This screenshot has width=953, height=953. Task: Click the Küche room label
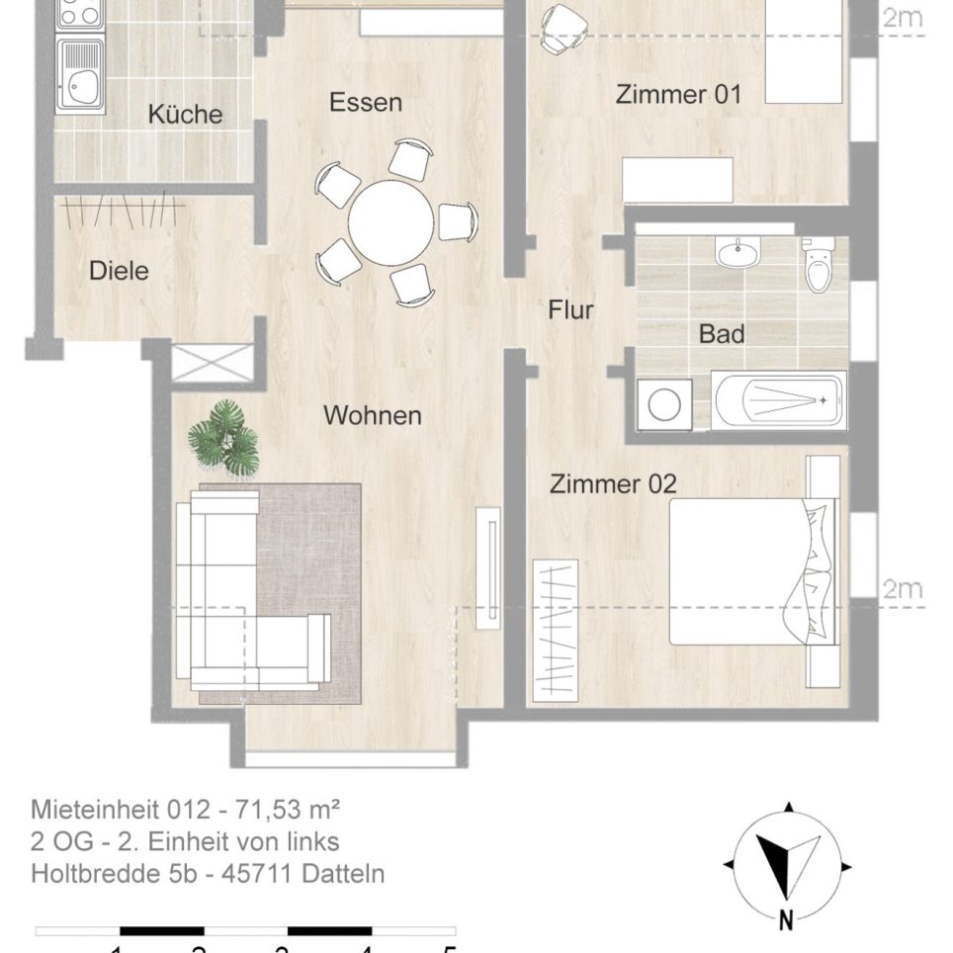point(185,115)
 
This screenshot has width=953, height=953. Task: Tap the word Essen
point(366,103)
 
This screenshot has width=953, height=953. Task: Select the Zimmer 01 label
point(678,95)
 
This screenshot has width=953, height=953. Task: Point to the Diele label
point(119,270)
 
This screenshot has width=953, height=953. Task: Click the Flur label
point(570,310)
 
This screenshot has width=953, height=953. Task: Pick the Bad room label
point(722,334)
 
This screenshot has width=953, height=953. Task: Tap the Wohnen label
point(373,416)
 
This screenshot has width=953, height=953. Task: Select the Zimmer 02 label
point(613,484)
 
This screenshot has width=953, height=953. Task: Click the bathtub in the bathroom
point(779,400)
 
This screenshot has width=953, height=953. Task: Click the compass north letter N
point(786,919)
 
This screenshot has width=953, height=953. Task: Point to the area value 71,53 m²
point(288,811)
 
